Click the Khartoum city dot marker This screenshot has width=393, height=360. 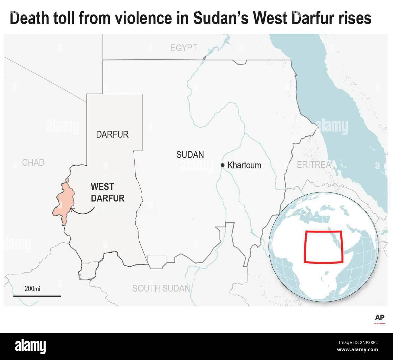(x=222, y=165)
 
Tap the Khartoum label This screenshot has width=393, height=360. (x=244, y=165)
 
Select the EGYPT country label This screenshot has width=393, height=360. (x=184, y=48)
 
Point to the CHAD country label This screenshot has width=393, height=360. (x=33, y=163)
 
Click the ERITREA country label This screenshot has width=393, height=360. (x=313, y=165)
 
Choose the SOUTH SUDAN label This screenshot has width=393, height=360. (x=161, y=288)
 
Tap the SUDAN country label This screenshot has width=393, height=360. (x=190, y=155)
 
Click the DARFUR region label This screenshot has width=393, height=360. (x=112, y=135)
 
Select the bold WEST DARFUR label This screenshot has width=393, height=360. (x=107, y=193)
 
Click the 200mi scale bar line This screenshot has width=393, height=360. (x=37, y=296)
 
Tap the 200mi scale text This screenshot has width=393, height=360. (x=32, y=289)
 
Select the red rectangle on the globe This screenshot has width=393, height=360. (x=323, y=246)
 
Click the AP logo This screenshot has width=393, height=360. (x=380, y=318)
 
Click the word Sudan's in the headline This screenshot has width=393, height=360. (x=220, y=18)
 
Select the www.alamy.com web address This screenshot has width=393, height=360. (x=358, y=350)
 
